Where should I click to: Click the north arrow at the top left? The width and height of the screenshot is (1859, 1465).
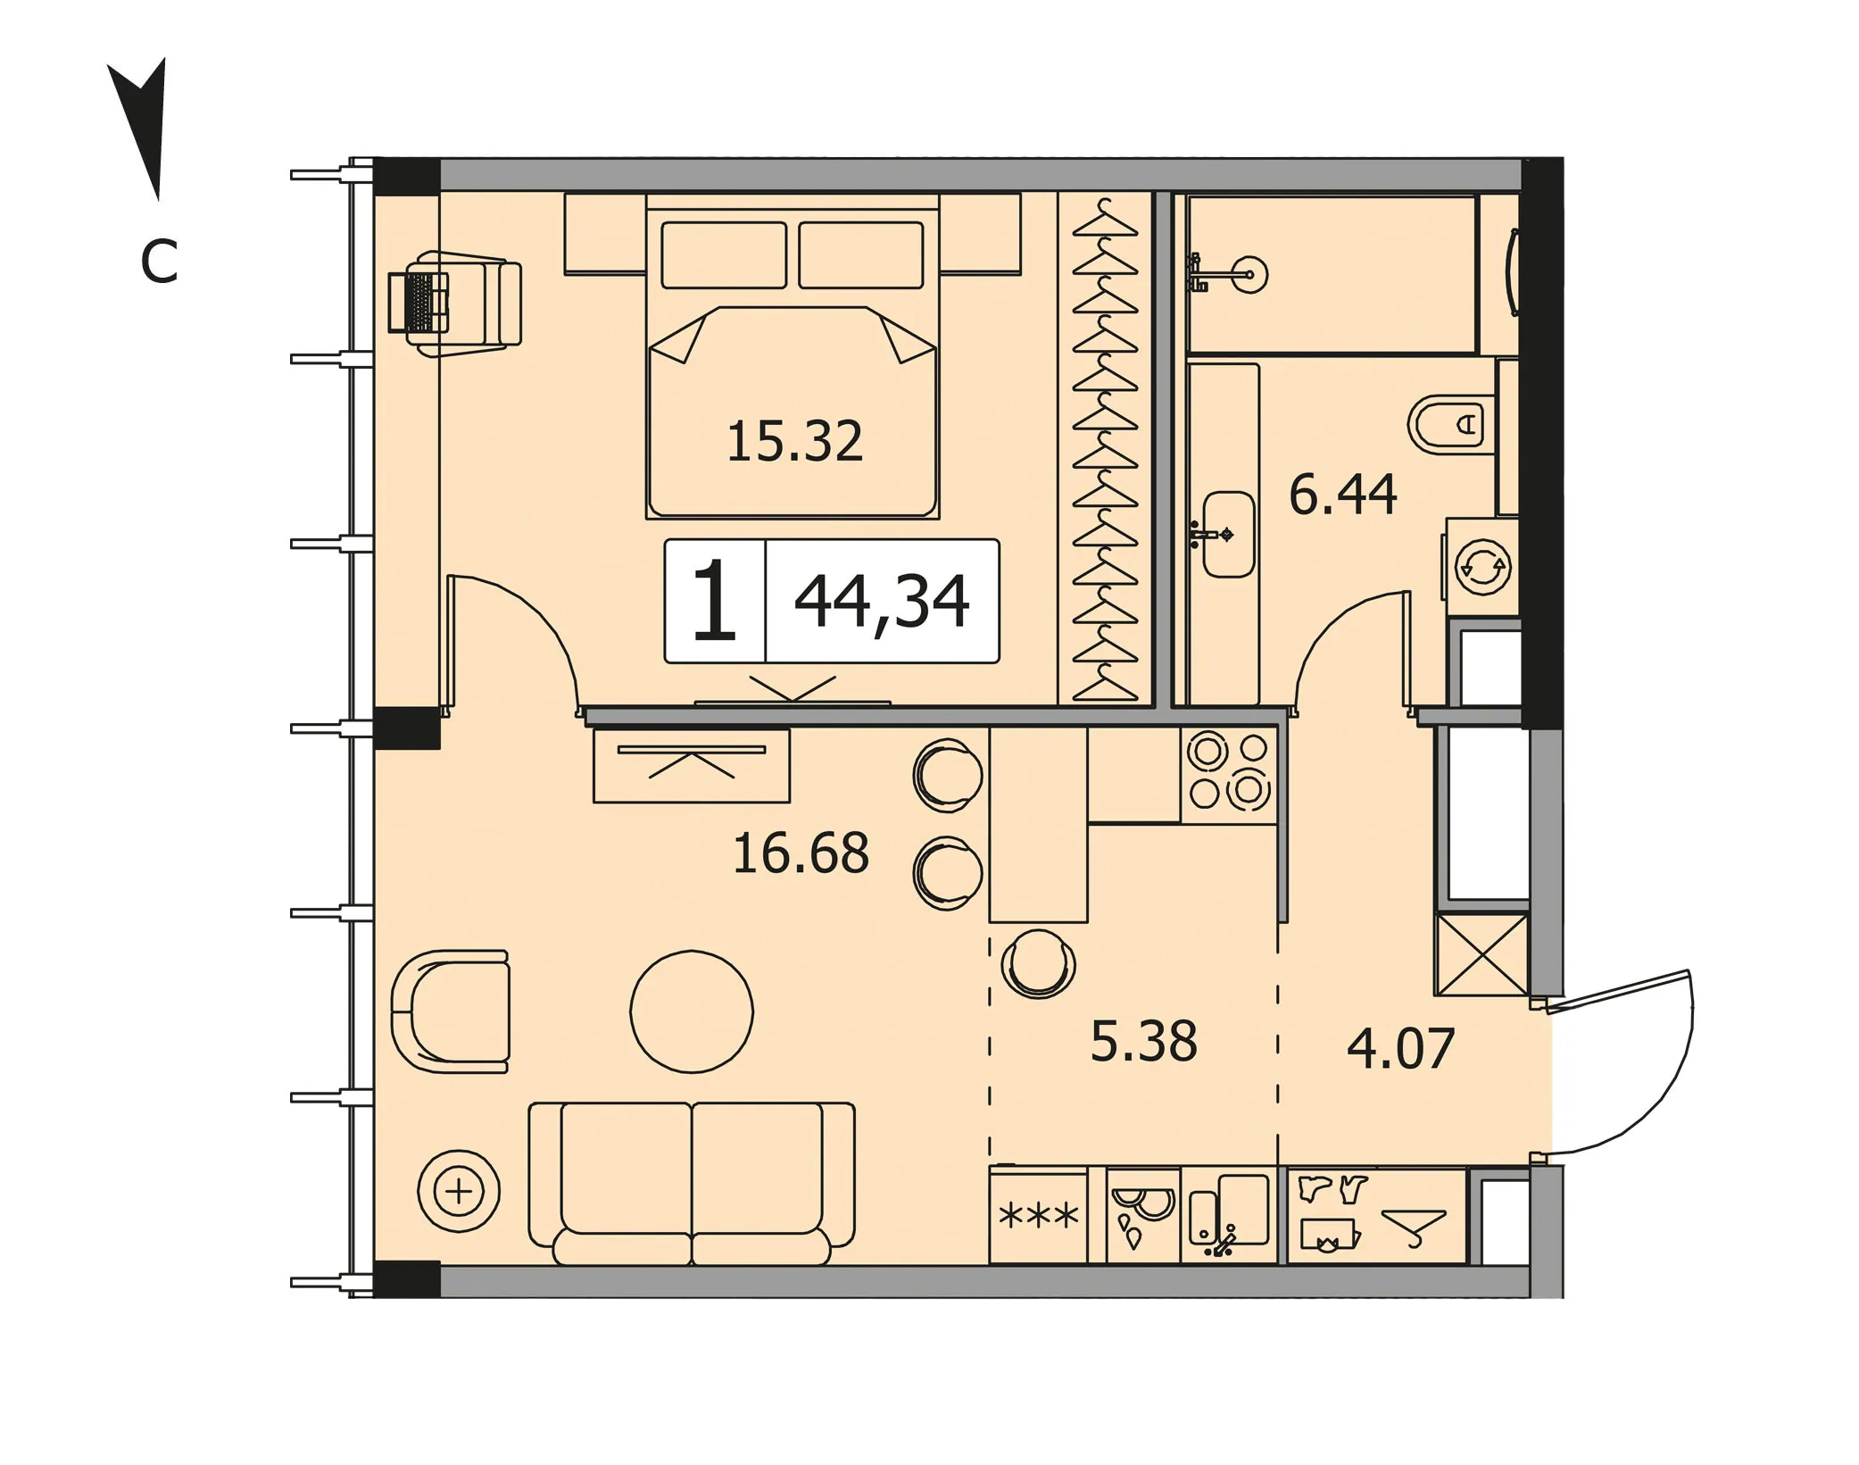point(143,125)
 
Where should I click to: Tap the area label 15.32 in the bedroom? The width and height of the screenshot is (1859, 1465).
point(795,442)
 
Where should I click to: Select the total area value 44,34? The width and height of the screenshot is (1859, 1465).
point(881,603)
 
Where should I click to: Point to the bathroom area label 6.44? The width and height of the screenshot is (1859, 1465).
point(1342,495)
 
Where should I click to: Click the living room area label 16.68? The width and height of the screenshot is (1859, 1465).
point(801,853)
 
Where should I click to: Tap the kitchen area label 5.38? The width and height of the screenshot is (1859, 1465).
point(1143,1041)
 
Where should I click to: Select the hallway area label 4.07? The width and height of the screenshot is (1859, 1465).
point(1400,1048)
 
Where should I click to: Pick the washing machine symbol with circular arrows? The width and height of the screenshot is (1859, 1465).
point(1482,566)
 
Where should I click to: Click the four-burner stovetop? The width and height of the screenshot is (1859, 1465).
point(1228,774)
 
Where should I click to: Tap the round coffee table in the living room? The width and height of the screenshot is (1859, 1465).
point(692,1011)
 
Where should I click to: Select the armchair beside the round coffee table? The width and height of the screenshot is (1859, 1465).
point(451,1011)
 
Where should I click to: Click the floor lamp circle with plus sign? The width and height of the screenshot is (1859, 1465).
point(459,1191)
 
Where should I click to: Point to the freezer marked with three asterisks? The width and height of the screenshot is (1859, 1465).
point(1038,1215)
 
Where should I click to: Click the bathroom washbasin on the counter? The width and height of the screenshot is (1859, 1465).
point(1228,534)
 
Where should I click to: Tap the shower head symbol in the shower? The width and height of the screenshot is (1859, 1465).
point(1249,274)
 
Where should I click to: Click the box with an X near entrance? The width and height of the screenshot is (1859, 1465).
point(1481,954)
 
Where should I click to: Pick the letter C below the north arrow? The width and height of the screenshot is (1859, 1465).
point(159,262)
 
